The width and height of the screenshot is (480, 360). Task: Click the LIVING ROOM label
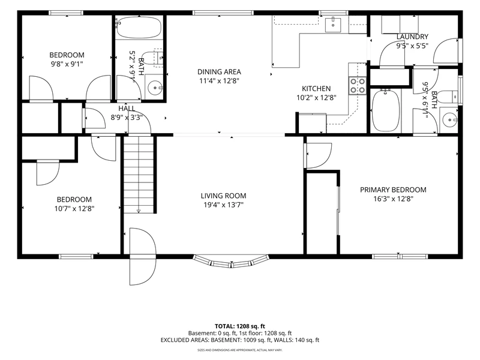pos(223,196)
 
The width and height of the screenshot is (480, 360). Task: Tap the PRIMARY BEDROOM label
pos(393,190)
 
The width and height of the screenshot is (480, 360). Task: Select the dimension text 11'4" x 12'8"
pos(219,81)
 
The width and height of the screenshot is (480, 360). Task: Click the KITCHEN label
pos(316,88)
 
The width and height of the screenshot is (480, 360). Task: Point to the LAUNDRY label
pos(412,37)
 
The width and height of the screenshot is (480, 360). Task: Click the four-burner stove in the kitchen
pos(358,86)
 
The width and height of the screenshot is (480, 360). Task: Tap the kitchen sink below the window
pos(333,25)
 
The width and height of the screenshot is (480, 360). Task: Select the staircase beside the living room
pos(139,175)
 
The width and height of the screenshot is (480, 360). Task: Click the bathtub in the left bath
pos(139,27)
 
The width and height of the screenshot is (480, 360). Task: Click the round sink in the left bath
pos(155,88)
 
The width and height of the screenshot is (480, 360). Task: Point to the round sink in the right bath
pos(449,119)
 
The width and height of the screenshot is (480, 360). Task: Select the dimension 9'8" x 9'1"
pos(67,64)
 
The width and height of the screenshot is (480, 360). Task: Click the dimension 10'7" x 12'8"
pos(74,209)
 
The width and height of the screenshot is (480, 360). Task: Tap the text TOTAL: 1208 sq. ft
pos(239,326)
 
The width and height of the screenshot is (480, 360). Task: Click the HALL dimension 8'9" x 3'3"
pos(127,118)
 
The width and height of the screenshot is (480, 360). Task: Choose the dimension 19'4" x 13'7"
pos(223,205)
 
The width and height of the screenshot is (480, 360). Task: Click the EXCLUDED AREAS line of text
pos(239,340)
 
